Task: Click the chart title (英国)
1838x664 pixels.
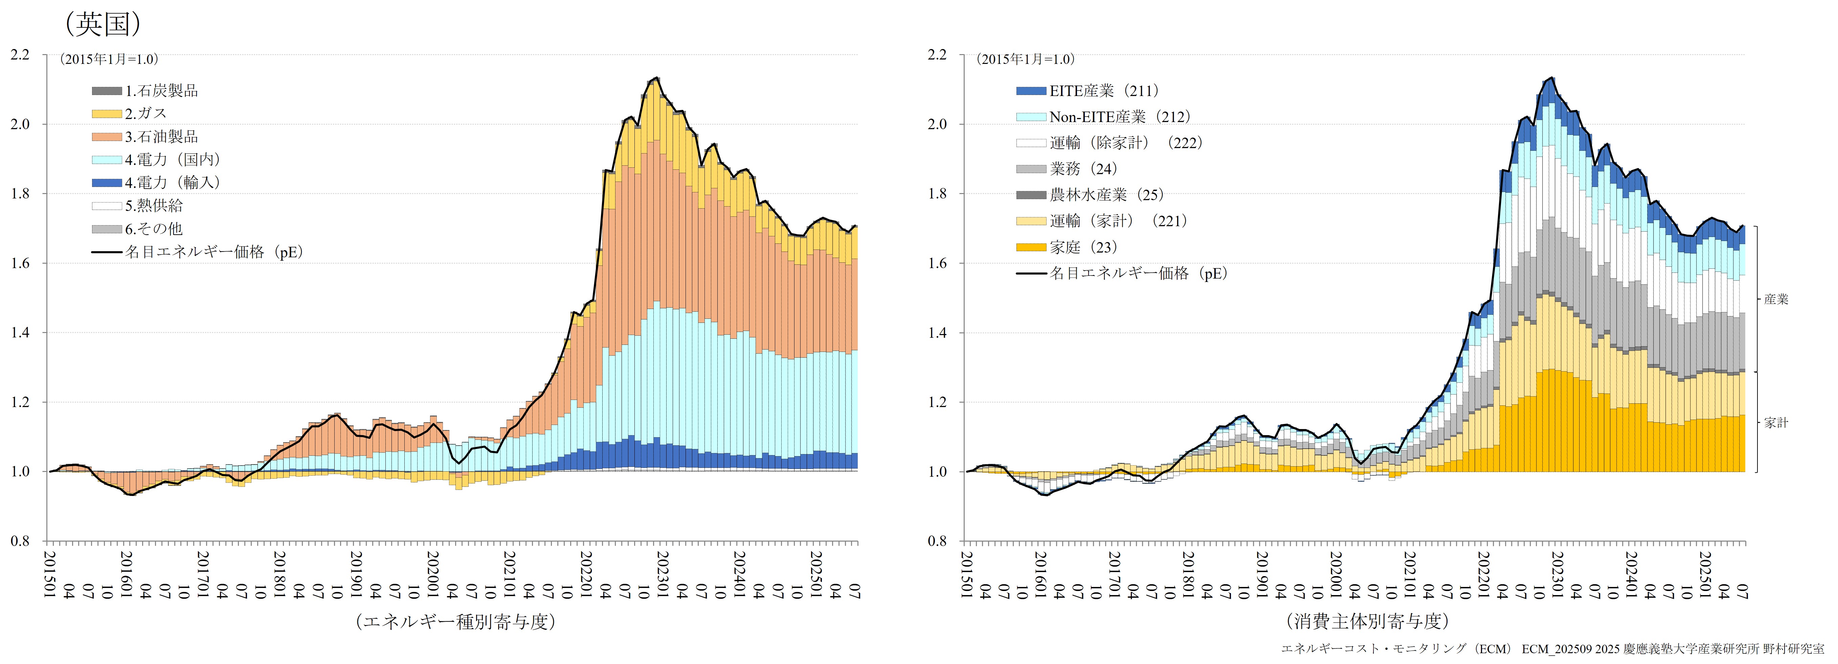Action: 104,24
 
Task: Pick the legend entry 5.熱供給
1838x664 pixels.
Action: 153,206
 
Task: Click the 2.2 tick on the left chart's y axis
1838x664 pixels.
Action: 20,55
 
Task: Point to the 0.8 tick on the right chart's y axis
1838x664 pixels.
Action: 937,541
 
